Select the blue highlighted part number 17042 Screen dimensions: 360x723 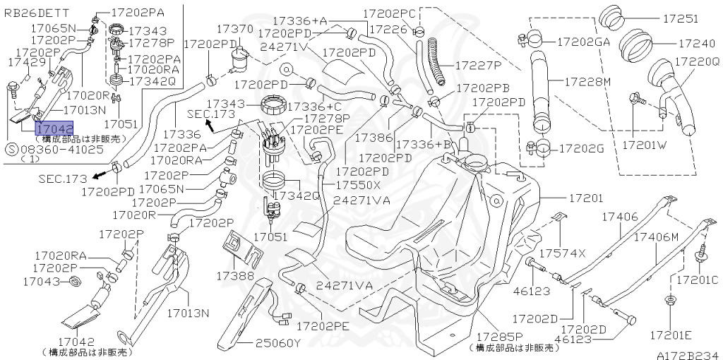tap(54, 128)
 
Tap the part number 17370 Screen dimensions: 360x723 tap(234, 29)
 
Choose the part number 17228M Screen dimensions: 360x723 tap(587, 82)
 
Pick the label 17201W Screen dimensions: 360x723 tap(643, 145)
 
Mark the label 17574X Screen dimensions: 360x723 tap(563, 253)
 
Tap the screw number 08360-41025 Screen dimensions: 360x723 tap(61, 150)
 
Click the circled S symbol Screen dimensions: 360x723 tap(11, 150)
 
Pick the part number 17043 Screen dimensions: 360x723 tap(40, 282)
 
